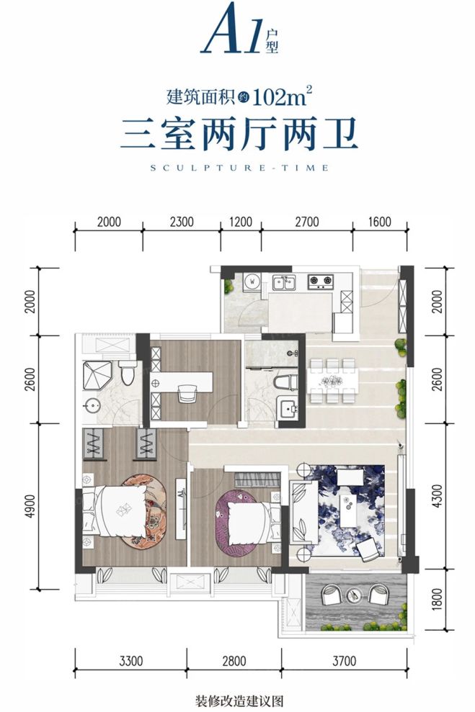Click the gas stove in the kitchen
click(x=319, y=281)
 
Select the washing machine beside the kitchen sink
click(x=252, y=281)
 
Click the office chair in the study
click(x=187, y=393)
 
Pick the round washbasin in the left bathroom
click(x=92, y=405)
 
